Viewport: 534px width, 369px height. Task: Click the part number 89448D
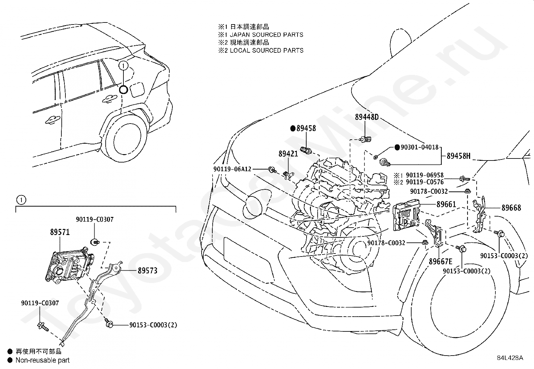[x=367, y=117]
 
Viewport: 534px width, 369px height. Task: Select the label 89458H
[x=459, y=156]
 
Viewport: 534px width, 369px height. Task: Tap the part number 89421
[x=288, y=154]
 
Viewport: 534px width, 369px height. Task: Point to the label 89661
[x=446, y=204]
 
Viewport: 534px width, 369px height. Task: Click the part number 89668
[x=511, y=207]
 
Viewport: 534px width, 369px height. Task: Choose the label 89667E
[x=440, y=262]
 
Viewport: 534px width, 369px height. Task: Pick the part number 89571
[x=60, y=232]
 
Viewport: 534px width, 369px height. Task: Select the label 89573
[x=148, y=270]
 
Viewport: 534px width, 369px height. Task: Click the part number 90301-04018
[x=420, y=147]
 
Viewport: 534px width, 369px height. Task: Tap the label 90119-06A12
[x=232, y=169]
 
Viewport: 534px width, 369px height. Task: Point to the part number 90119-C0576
[x=425, y=182]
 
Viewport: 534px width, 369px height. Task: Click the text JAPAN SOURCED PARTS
[x=267, y=35]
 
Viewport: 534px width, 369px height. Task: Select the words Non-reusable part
[x=43, y=360]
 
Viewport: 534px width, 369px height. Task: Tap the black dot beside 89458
[x=293, y=128]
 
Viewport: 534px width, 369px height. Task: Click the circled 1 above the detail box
[x=21, y=200]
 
